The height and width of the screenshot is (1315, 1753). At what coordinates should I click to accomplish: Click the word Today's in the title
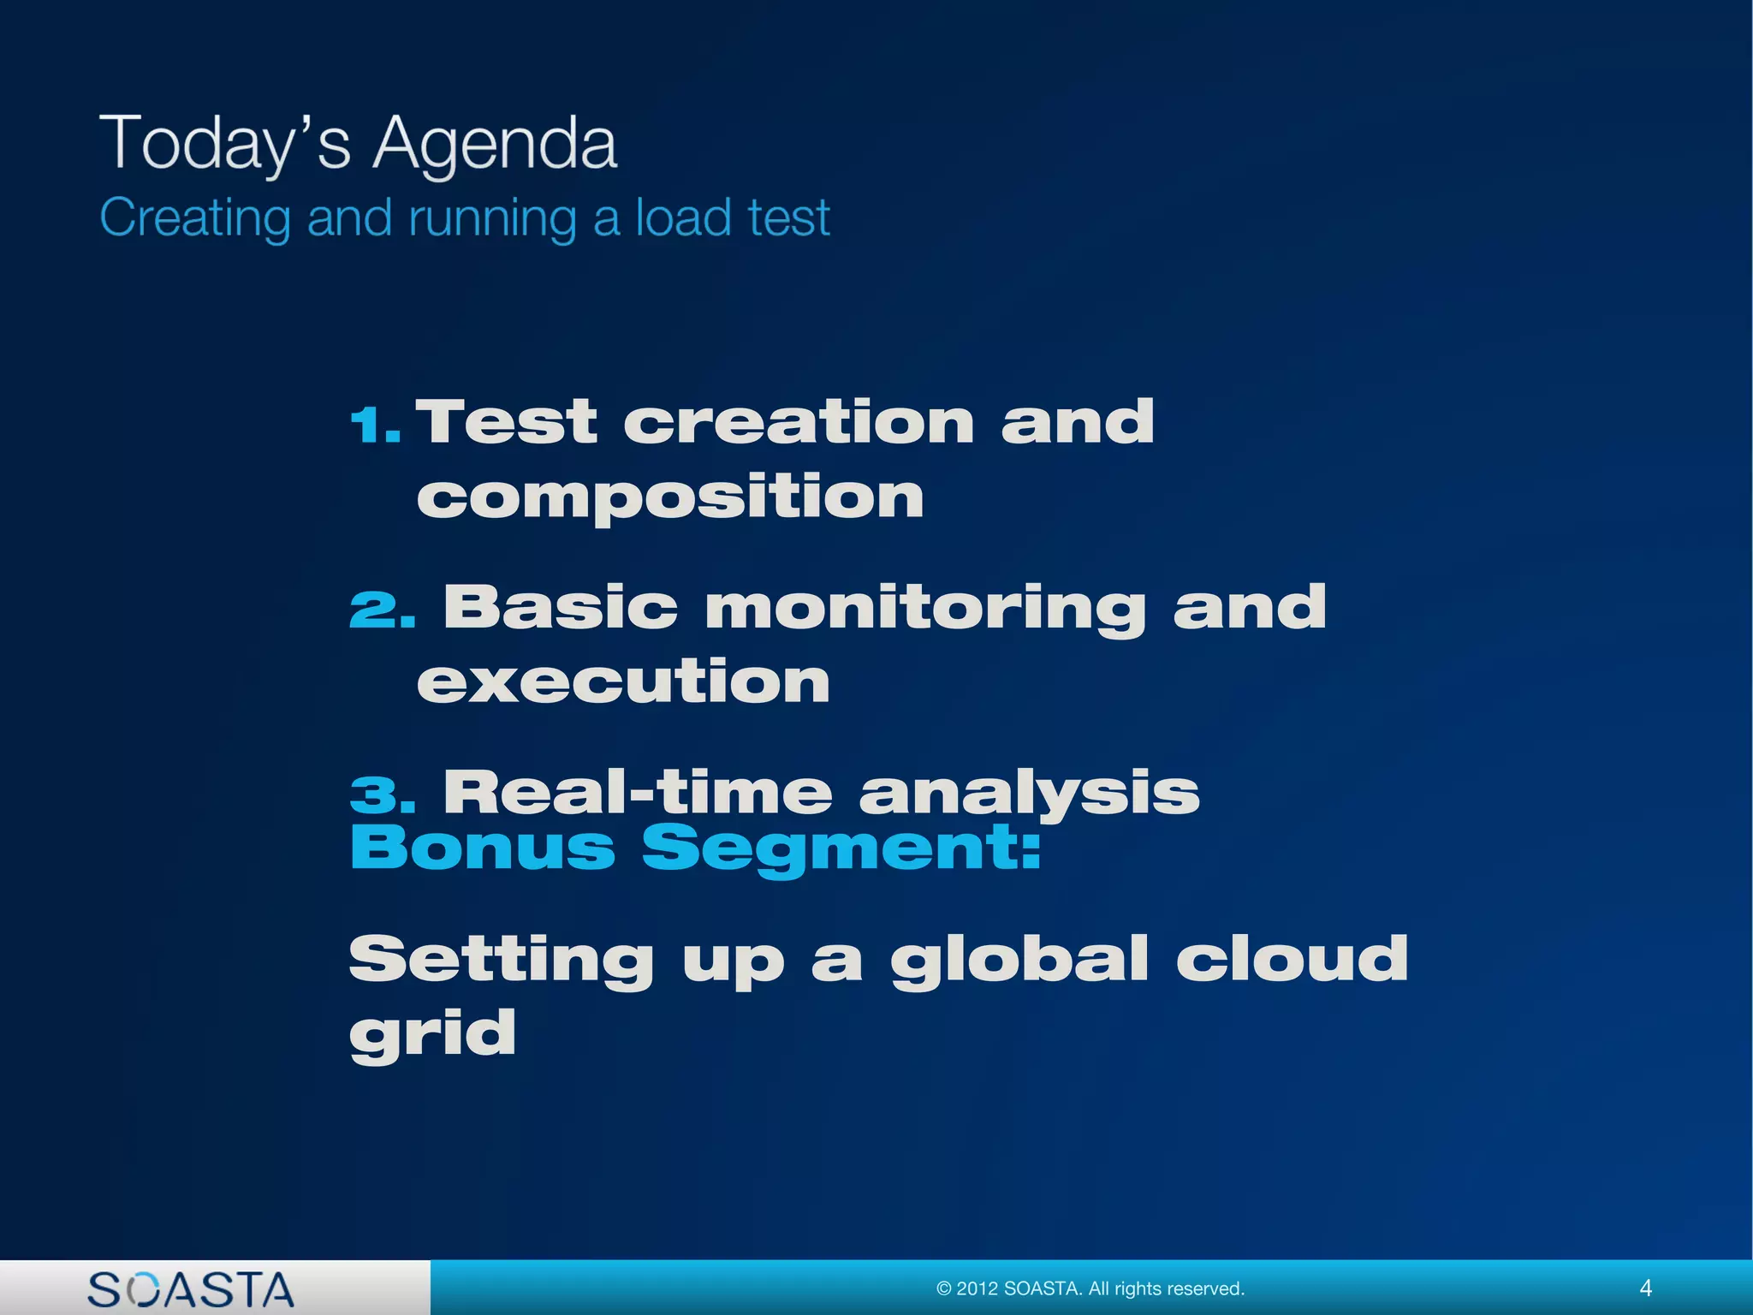coord(225,144)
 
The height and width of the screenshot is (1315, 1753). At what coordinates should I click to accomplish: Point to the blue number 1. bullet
coord(375,425)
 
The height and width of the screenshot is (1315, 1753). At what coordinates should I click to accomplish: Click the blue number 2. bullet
coord(382,610)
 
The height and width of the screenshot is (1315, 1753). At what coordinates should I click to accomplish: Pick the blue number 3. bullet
coord(382,794)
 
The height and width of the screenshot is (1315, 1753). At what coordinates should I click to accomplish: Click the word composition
coord(670,497)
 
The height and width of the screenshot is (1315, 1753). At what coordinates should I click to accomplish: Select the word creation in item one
coord(799,422)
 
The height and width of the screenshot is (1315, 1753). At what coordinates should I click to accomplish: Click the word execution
coord(623,682)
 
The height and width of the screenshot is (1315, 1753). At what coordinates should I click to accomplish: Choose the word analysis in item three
coord(1029,794)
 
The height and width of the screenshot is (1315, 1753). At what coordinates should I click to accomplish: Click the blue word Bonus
coord(483,848)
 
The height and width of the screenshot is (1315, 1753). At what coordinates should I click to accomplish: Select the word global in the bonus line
coord(1019,960)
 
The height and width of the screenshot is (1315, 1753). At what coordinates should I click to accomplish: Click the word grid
coord(432,1034)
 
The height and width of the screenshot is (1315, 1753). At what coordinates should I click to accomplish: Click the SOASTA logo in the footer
coord(191,1289)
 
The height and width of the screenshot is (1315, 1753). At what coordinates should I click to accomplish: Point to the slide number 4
coord(1645,1288)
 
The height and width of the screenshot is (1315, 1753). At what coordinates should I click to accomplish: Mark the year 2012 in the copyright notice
coord(976,1288)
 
